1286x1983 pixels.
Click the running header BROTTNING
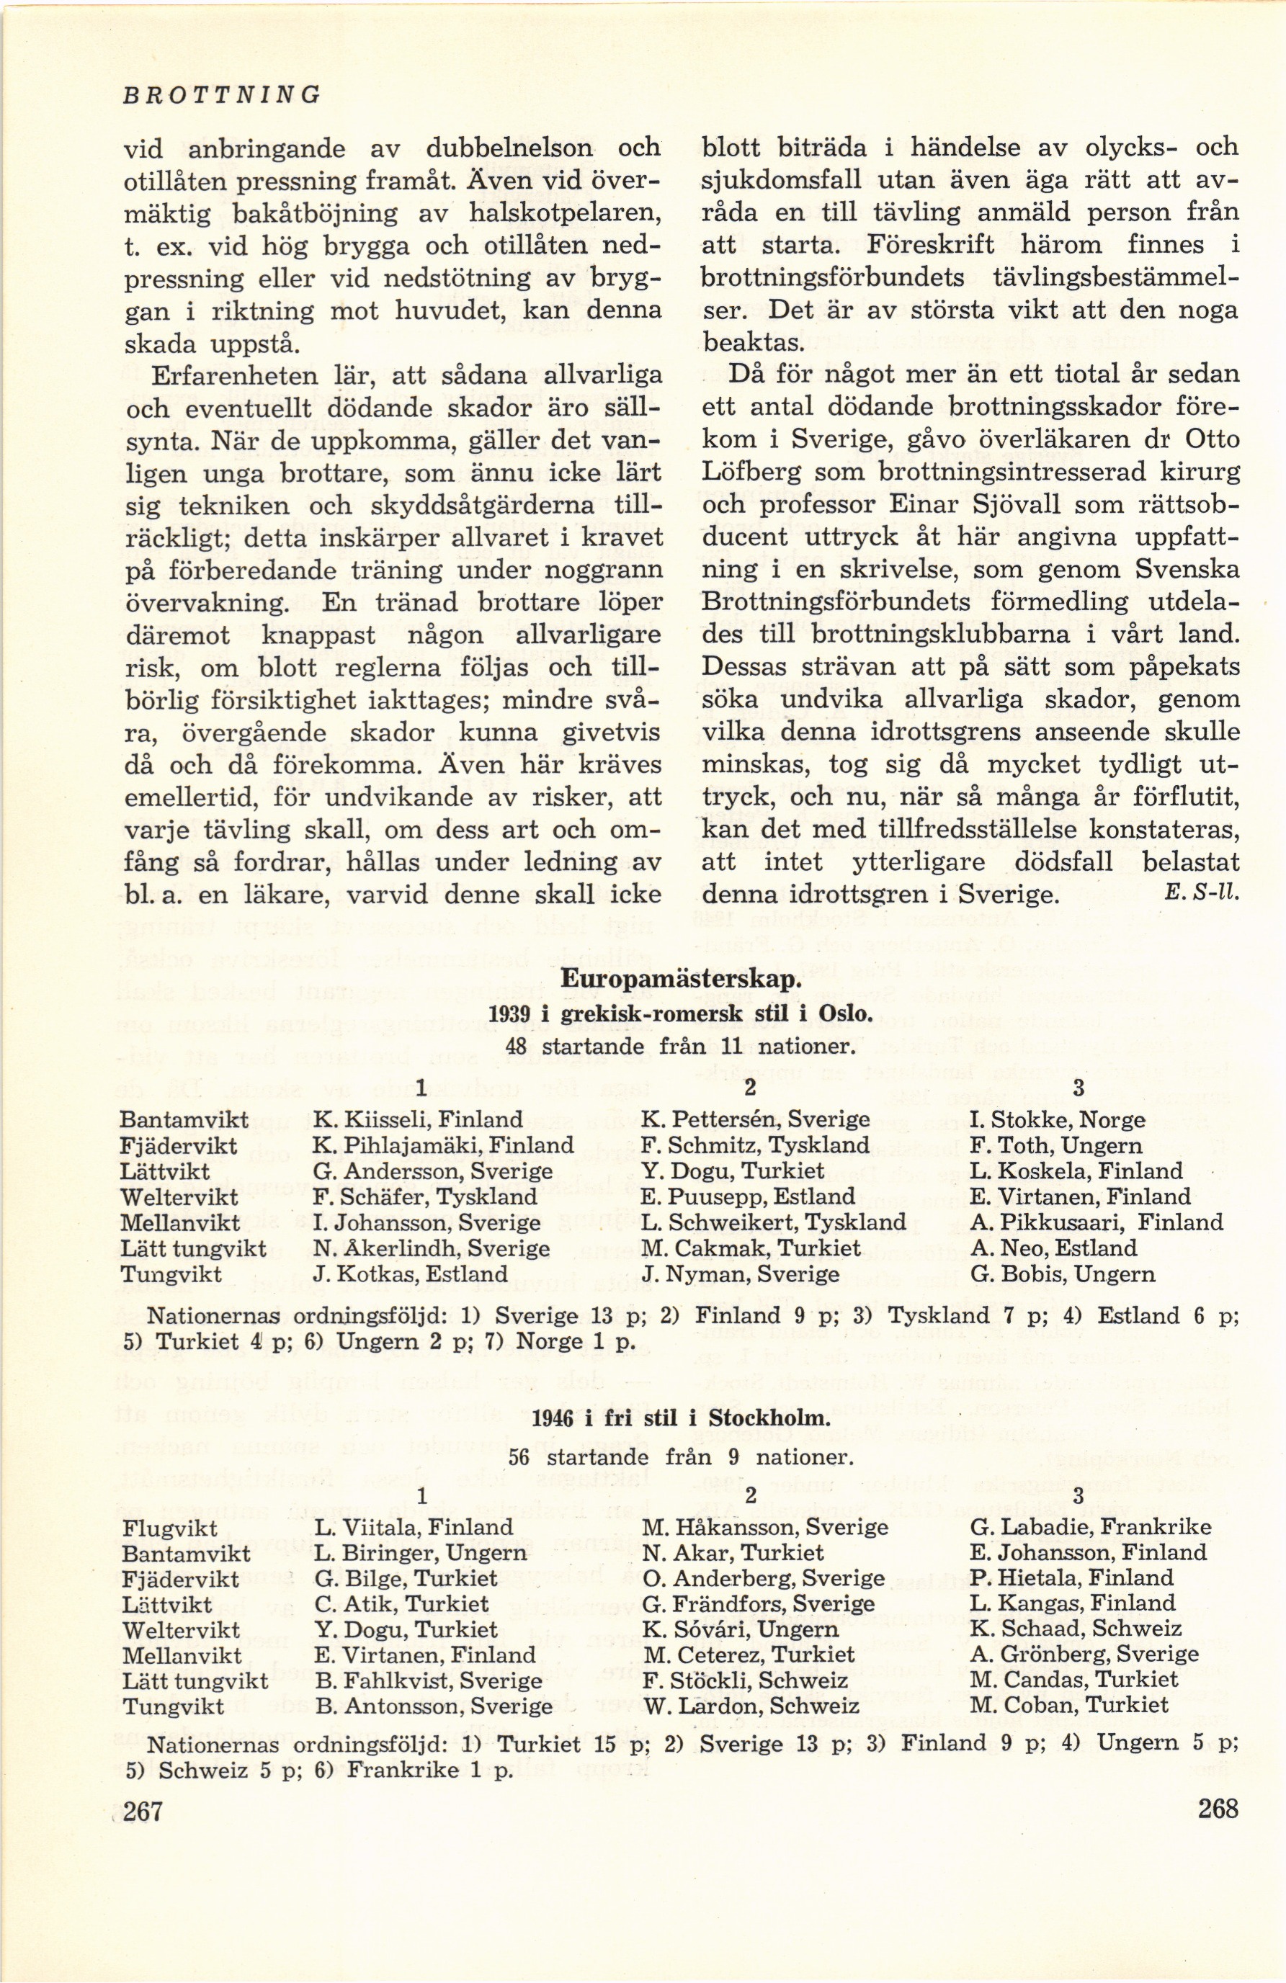pos(221,94)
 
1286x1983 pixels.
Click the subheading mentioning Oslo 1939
pos(681,1014)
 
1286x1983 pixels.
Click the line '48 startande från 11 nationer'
pos(681,1047)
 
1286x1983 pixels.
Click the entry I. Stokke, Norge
pos(1058,1119)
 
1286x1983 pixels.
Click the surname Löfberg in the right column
pos(751,473)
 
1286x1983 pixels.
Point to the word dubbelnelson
pos(509,148)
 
